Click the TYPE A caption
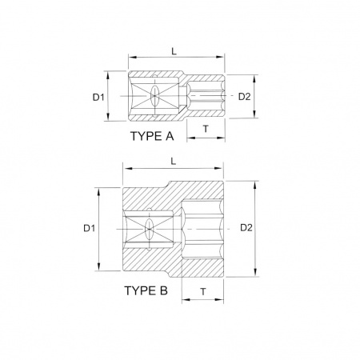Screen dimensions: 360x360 tap(152, 136)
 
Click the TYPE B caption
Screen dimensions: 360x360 tap(146, 290)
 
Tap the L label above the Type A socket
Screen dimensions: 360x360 tap(174, 51)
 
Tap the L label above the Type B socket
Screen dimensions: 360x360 tap(174, 162)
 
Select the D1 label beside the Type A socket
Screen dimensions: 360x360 tap(98, 98)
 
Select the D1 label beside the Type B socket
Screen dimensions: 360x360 tap(89, 228)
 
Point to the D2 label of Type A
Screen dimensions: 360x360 tap(244, 97)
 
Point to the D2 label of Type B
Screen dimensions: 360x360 tap(246, 227)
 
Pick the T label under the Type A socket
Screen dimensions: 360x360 tap(206, 129)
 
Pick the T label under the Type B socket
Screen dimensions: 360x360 tap(203, 291)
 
